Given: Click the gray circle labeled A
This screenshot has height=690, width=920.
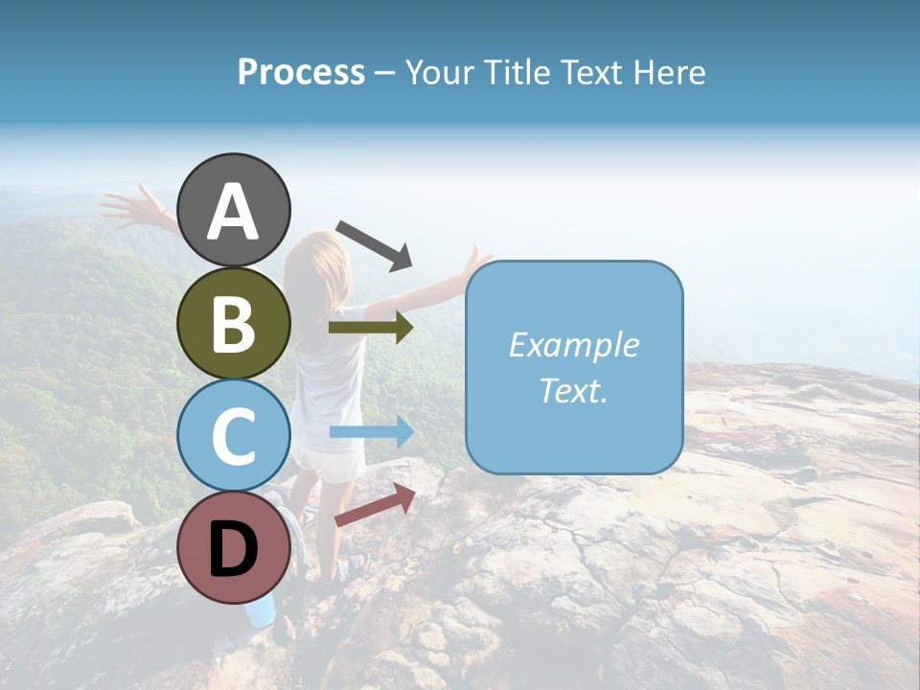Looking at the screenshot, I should tap(234, 210).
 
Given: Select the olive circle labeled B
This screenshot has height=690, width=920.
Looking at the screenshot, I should tap(234, 323).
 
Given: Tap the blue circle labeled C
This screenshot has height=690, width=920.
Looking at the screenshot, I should tap(234, 436).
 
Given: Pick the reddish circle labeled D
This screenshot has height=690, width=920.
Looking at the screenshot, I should tap(234, 548).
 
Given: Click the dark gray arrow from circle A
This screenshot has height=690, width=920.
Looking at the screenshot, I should tap(374, 244).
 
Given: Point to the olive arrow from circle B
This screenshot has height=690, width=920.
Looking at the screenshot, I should tap(370, 328).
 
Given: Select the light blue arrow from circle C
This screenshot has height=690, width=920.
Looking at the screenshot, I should tap(371, 432).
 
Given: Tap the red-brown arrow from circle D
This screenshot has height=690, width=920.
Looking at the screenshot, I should tap(375, 505).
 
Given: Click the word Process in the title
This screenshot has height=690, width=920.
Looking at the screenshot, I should tap(301, 73).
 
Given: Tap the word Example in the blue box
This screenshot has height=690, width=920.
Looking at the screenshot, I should tap(573, 345).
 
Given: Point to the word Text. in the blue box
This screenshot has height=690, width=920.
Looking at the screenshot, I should tap(573, 390).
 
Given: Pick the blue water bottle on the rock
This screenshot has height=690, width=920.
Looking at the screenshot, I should tap(261, 609).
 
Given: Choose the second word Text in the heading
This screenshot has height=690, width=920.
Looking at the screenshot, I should tap(588, 73).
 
